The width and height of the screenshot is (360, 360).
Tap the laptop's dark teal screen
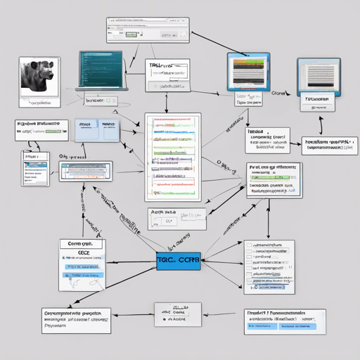pyautogui.click(x=101, y=69)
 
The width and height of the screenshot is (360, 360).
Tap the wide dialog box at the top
pyautogui.click(x=148, y=30)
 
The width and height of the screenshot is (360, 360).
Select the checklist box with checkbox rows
pyautogui.click(x=269, y=266)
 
